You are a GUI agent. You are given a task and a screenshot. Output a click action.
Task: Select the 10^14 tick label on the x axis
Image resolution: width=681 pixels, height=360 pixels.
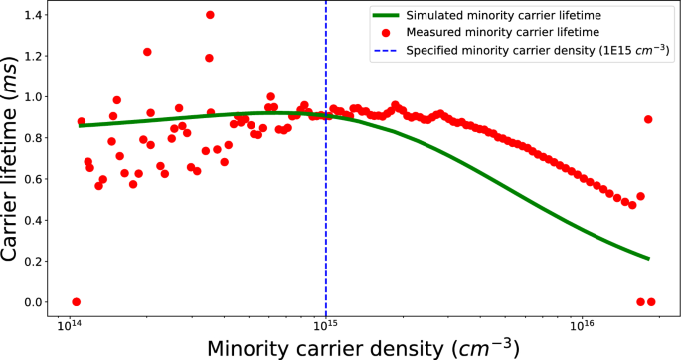pos(69,325)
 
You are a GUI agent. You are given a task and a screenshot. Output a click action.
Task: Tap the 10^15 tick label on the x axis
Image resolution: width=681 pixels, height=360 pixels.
pos(325,325)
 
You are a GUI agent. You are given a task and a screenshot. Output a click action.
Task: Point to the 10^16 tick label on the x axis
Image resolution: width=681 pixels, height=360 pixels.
pos(582,325)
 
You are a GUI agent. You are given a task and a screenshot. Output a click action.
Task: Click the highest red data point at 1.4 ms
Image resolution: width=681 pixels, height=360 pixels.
pos(210,15)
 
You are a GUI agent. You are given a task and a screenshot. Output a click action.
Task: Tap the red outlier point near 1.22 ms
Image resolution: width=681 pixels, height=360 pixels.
pos(147,52)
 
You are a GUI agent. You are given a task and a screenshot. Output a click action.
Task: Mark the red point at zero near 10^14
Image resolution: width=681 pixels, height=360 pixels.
pos(76,302)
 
